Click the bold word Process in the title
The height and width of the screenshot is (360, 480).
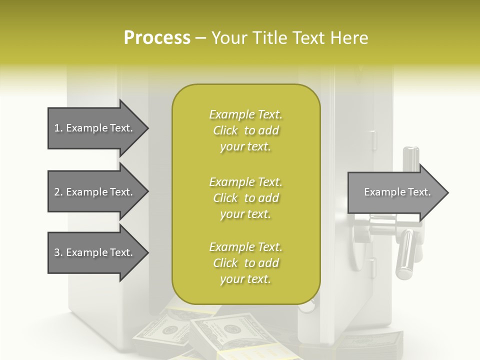tap(157, 38)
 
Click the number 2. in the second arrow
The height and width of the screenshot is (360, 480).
tap(58, 192)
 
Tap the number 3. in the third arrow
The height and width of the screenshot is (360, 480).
tap(58, 252)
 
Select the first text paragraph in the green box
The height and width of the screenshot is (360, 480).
tap(245, 130)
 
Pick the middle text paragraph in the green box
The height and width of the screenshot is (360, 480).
tap(245, 198)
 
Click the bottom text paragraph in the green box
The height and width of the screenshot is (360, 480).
tap(245, 263)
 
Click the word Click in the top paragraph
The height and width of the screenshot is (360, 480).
tap(225, 131)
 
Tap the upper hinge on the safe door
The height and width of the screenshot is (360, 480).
tap(373, 135)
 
